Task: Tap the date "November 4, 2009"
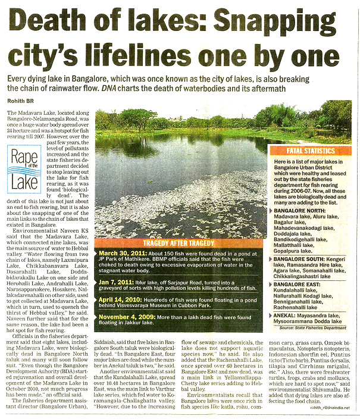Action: [126, 327]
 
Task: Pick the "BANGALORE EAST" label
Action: [298, 285]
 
